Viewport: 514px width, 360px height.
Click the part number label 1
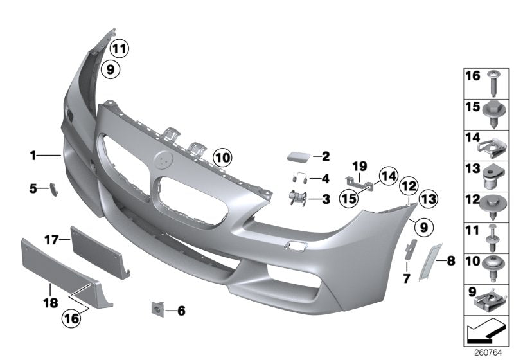pyautogui.click(x=32, y=155)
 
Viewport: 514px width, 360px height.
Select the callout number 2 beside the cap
pyautogui.click(x=325, y=156)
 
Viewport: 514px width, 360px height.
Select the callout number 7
pyautogui.click(x=406, y=278)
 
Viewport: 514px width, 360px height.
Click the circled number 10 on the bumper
pyautogui.click(x=222, y=156)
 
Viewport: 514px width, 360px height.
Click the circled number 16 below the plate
pyautogui.click(x=72, y=316)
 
